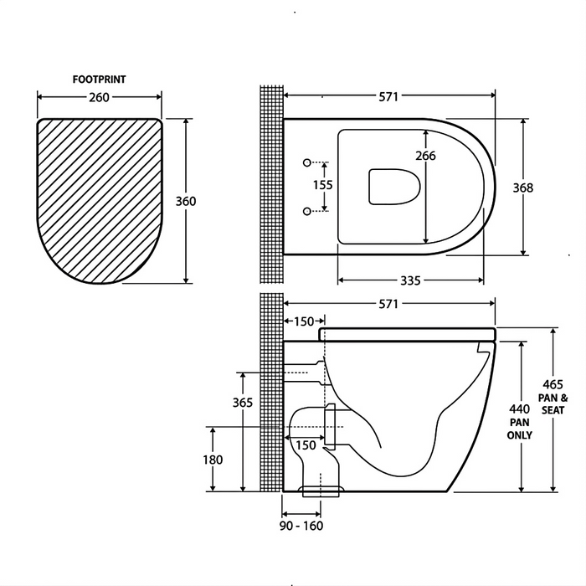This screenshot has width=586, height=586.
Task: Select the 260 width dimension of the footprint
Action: point(99,97)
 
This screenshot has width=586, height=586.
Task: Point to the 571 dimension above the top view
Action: point(388,97)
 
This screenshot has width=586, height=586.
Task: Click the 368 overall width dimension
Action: point(523,188)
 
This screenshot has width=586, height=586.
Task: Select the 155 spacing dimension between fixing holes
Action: point(323,184)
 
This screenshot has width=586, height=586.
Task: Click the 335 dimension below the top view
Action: point(409,280)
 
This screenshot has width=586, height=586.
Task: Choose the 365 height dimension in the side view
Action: point(242,403)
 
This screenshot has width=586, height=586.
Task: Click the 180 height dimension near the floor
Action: point(213,460)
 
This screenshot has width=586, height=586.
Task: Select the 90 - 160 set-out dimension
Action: point(302,526)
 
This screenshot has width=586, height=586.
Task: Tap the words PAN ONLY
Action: point(520,429)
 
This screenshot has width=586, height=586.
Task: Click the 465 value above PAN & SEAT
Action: point(552,384)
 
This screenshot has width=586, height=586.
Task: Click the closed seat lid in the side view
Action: point(408,334)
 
